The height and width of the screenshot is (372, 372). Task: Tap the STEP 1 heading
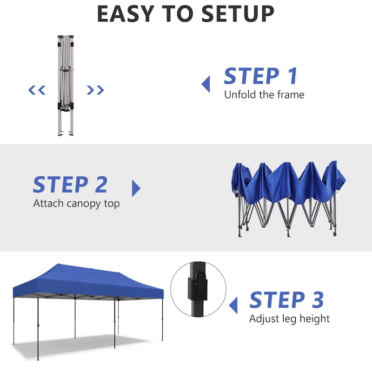260,76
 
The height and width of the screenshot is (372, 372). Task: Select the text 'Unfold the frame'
264,95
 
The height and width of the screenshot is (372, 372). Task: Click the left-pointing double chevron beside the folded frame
37,90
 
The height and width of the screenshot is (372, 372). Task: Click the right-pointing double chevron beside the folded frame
95,90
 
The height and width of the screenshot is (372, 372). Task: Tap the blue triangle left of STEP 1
206,84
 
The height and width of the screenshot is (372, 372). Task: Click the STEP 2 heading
70,185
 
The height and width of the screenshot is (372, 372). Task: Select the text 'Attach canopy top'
76,204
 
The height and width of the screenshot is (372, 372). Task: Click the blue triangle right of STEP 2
136,188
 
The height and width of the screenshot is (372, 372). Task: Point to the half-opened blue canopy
288,195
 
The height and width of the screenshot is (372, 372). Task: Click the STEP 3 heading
286,300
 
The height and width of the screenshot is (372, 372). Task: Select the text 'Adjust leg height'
289,319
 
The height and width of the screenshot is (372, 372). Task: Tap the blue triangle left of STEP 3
233,305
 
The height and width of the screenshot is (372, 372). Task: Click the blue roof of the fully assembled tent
93,279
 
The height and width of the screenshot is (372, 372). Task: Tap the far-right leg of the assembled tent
162,321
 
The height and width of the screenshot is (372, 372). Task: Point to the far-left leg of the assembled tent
13,321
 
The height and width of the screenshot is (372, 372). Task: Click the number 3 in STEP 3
317,300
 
